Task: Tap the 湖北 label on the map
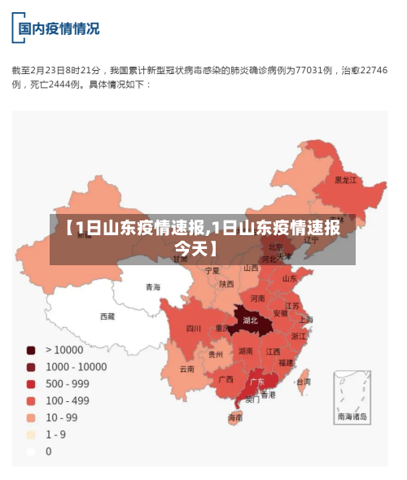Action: [250, 320]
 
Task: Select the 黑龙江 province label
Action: [345, 180]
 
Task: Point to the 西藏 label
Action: [107, 316]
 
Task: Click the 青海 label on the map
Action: [153, 286]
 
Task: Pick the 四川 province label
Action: [193, 329]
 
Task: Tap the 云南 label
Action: [187, 369]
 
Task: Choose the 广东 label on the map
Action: [256, 381]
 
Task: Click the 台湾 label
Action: [302, 380]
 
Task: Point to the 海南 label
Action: [235, 417]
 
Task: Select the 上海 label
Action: [306, 319]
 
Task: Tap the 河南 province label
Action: [257, 299]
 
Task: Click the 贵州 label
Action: [215, 354]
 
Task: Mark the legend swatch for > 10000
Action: [31, 350]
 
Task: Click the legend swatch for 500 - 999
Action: [31, 383]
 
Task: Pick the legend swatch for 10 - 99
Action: [31, 417]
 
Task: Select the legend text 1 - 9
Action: [55, 434]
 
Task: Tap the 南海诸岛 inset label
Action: [352, 416]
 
